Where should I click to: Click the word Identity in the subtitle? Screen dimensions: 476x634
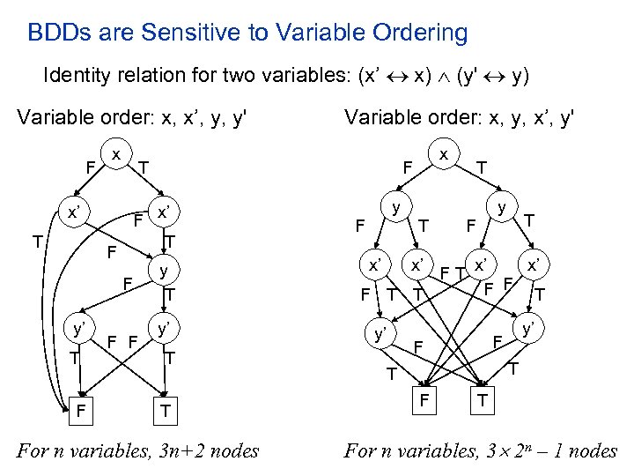point(73,76)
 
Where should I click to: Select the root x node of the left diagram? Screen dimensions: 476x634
point(116,153)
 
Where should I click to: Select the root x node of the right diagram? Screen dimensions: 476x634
point(445,153)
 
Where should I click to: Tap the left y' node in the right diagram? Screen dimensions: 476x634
point(381,333)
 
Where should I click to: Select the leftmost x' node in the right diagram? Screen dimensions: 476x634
point(374,264)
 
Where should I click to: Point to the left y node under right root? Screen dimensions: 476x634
point(397,208)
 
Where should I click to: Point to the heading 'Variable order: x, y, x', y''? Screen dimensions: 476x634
point(459,117)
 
